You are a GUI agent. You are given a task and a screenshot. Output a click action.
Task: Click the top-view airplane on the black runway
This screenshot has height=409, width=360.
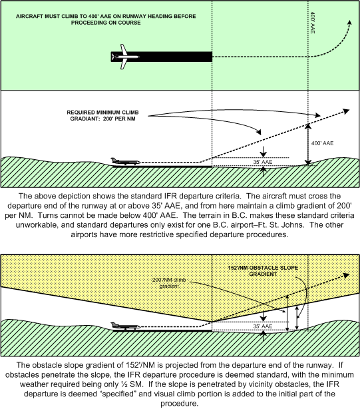tap(124, 57)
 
